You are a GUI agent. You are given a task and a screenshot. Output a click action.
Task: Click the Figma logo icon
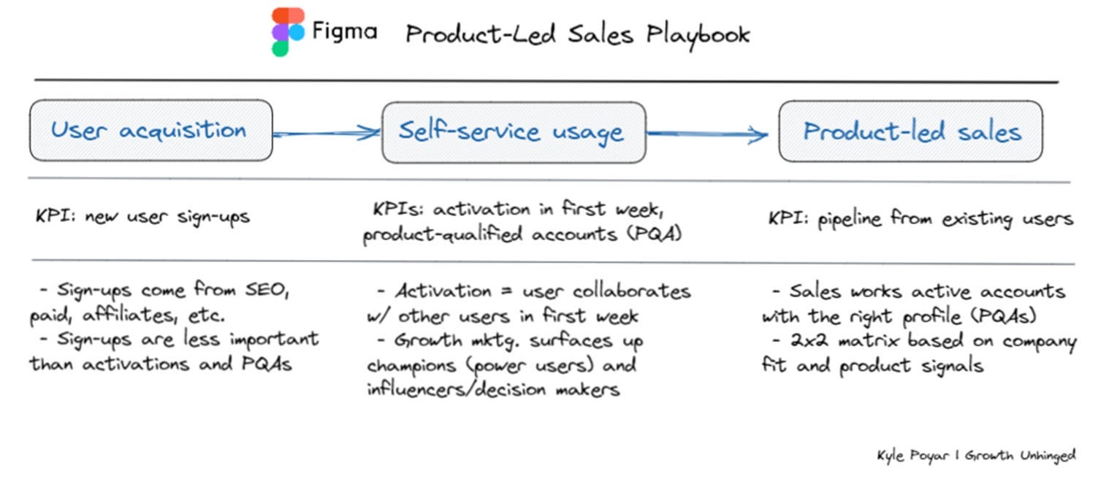288,32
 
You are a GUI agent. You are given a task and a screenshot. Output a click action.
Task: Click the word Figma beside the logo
344,32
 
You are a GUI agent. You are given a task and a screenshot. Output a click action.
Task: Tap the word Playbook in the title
698,34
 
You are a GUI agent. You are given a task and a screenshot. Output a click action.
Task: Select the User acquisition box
150,131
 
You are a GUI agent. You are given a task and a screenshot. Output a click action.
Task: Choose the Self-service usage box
514,132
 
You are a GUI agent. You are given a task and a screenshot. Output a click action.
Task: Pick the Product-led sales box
910,131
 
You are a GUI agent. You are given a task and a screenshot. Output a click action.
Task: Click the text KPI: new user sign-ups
142,217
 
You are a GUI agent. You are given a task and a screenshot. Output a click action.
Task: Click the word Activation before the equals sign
443,291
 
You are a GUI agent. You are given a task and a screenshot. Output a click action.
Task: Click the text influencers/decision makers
493,388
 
